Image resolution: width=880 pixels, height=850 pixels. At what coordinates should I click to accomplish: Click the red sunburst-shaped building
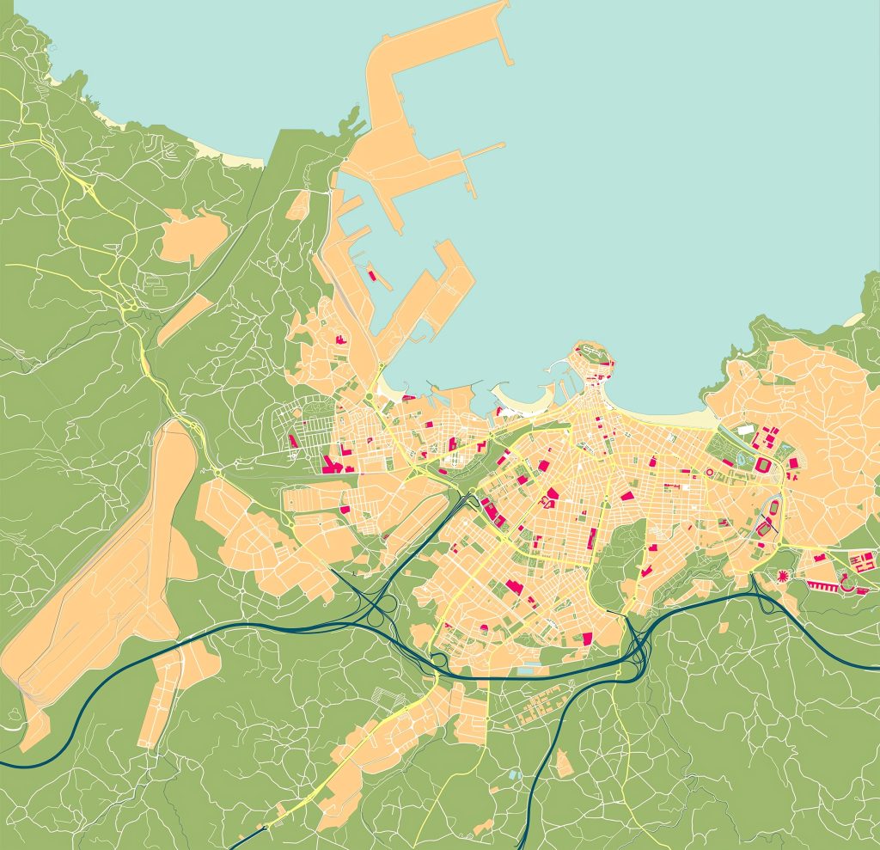click(783, 575)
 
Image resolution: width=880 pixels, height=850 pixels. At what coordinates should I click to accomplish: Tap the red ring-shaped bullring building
click(709, 472)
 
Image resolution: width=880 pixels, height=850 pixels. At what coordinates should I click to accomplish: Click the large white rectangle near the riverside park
click(745, 429)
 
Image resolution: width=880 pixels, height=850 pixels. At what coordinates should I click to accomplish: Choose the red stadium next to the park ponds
click(762, 465)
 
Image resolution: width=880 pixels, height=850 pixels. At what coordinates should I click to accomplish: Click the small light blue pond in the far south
click(515, 774)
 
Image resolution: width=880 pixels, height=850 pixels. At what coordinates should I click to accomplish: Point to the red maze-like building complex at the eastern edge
click(860, 562)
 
